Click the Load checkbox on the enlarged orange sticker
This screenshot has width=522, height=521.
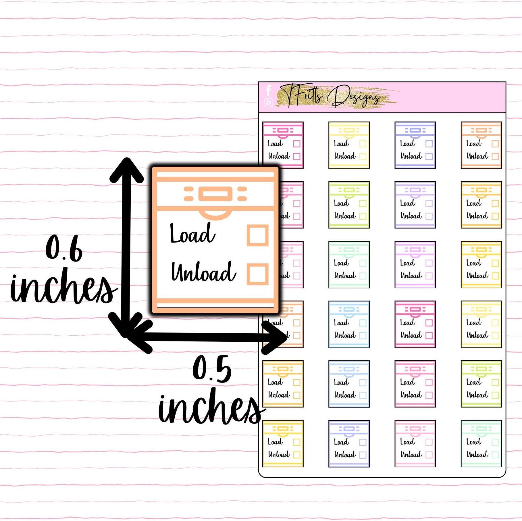pyautogui.click(x=257, y=235)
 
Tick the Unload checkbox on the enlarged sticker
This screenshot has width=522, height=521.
pyautogui.click(x=257, y=274)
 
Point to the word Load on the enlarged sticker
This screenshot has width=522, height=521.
pyautogui.click(x=192, y=233)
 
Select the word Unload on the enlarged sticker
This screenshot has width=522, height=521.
pyautogui.click(x=203, y=272)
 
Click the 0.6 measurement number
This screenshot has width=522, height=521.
pyautogui.click(x=64, y=248)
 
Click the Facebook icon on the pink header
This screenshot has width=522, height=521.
pyautogui.click(x=269, y=90)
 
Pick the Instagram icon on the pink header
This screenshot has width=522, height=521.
pyautogui.click(x=268, y=103)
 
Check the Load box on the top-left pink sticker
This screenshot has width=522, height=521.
pyautogui.click(x=297, y=144)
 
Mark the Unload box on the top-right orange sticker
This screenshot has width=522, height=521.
pyautogui.click(x=495, y=156)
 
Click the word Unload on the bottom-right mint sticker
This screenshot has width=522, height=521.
pyautogui.click(x=477, y=454)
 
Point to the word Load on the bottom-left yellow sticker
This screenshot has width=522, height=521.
pyautogui.click(x=275, y=442)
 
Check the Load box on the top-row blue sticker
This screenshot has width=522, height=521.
pyautogui.click(x=429, y=144)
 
